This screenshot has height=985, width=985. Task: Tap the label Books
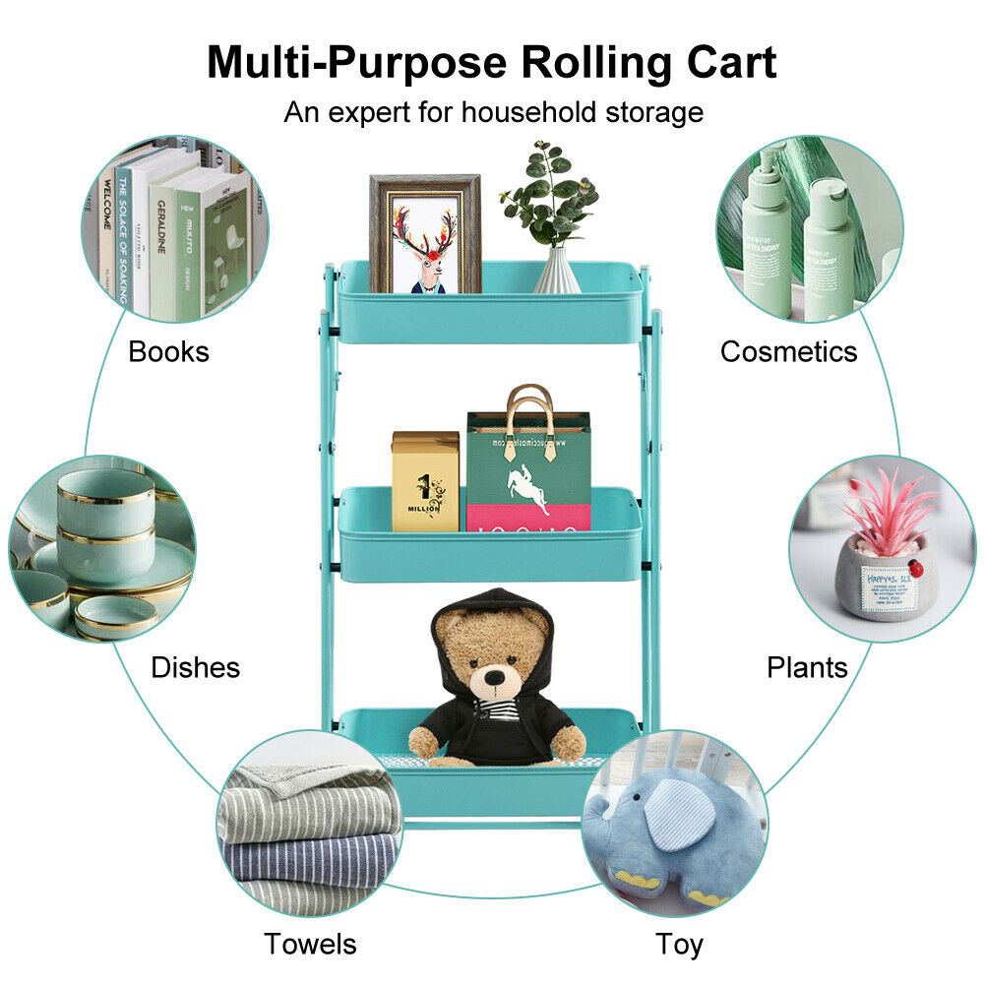click(168, 351)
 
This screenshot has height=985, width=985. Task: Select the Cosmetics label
click(788, 351)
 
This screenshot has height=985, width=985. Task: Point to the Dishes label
click(195, 667)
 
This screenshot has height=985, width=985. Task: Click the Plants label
click(807, 667)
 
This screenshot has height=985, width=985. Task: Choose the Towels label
click(310, 945)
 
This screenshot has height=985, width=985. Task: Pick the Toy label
click(680, 945)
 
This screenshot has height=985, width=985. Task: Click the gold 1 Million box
click(425, 482)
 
